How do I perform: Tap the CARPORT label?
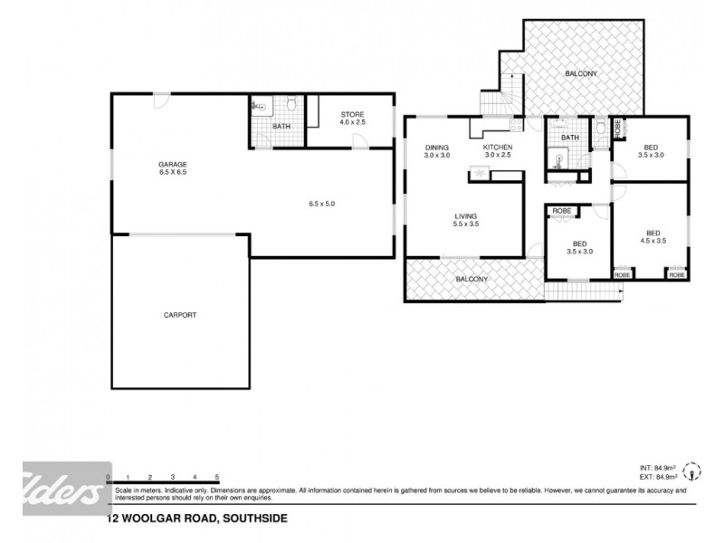point(180,315)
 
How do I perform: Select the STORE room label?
point(351,114)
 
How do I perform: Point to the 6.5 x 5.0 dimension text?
point(321,204)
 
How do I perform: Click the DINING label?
point(437,147)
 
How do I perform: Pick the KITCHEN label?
point(498,147)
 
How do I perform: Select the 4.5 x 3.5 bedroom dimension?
point(653,240)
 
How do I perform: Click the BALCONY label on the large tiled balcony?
point(580,73)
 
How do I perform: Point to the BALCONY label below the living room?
point(472,279)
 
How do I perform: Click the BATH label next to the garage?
point(281,126)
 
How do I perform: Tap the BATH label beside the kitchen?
point(570,138)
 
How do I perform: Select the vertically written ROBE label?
point(618,128)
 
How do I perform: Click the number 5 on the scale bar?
point(217,476)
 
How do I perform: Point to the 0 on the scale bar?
point(108,476)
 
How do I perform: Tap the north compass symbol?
point(694,472)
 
